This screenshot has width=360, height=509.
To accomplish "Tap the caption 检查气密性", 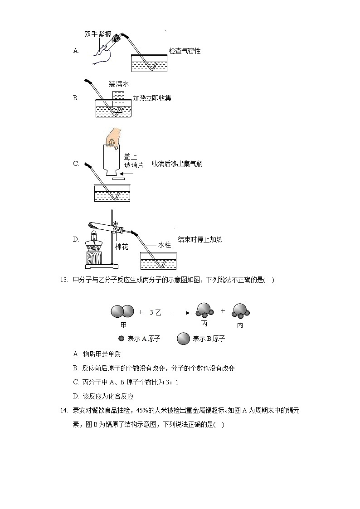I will tap(185, 51).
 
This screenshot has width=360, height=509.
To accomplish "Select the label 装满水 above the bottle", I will tap(119, 84).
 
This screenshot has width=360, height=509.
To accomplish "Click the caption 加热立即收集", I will tap(152, 98).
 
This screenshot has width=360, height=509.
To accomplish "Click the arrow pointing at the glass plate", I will tap(128, 174).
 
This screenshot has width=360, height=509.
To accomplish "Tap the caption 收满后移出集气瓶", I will tap(177, 164).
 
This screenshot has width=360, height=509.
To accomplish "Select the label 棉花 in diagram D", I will tap(121, 247).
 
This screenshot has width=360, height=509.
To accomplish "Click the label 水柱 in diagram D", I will tap(164, 245).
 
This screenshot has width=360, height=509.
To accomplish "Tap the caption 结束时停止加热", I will tap(200, 239).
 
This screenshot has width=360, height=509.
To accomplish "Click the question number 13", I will tap(63, 280).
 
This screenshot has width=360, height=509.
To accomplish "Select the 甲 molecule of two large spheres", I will tap(122, 312).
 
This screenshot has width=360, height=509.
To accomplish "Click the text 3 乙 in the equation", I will tap(155, 312).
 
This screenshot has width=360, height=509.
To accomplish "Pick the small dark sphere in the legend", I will tap(121, 339).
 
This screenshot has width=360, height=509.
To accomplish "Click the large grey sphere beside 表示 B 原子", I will tap(183, 339).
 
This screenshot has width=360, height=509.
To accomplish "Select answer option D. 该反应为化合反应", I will tap(103, 396).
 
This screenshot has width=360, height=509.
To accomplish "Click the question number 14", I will tap(63, 411).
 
